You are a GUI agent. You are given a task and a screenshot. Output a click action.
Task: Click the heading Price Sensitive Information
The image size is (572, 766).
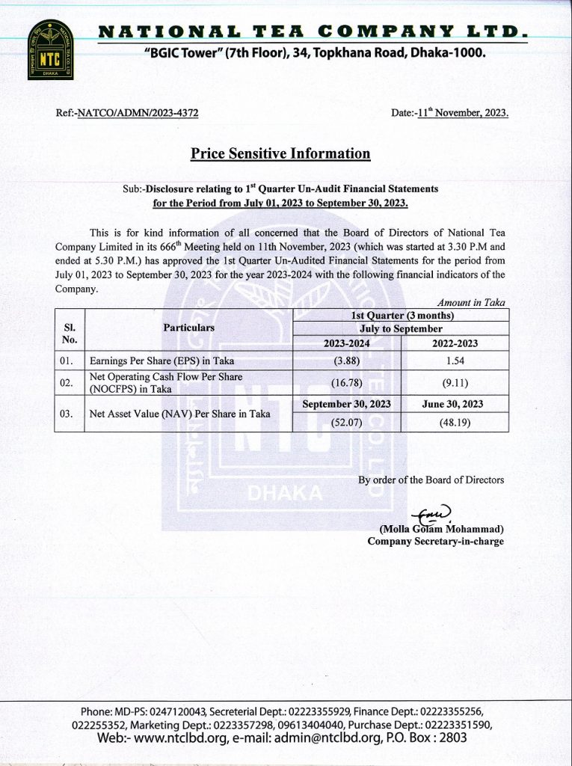280,153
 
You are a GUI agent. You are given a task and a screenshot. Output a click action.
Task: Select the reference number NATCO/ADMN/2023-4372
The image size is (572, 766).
138,114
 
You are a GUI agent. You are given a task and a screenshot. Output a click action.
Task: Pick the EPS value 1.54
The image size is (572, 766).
455,361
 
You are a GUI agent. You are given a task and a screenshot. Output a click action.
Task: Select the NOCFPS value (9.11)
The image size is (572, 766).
455,383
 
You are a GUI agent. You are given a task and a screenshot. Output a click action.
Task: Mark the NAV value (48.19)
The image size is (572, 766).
455,422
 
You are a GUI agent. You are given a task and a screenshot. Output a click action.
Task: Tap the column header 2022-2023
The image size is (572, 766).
455,343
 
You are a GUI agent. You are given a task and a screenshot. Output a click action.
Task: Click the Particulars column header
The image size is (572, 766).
188,328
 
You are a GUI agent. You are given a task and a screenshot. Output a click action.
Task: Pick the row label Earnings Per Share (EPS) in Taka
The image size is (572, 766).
162,361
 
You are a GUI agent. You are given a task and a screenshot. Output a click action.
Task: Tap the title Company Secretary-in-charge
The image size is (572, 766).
435,542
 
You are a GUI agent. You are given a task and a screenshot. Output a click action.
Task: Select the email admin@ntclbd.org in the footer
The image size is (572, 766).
316,738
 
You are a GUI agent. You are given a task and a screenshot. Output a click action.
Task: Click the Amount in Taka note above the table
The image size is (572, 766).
471,302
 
